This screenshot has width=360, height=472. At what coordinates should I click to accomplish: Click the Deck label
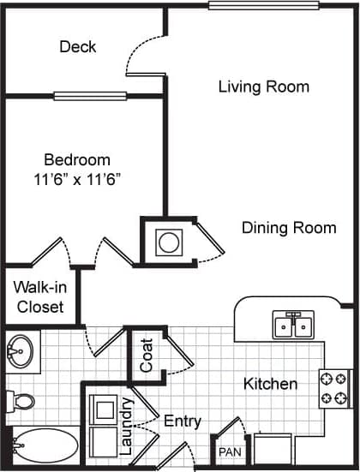click(77, 46)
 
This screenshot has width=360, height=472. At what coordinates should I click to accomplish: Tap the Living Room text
click(263, 87)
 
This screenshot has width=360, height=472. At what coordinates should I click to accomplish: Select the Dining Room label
click(288, 228)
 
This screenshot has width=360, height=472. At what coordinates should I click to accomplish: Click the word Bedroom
click(77, 159)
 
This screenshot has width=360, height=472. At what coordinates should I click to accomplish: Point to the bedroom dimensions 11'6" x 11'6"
click(77, 179)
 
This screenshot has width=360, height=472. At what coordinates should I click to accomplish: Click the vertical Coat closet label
click(147, 354)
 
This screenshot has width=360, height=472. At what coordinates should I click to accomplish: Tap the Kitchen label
click(270, 384)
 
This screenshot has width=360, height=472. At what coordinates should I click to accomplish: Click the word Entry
click(183, 421)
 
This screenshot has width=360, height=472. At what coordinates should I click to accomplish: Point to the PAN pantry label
click(228, 451)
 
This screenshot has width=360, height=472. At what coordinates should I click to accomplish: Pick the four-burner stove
click(333, 388)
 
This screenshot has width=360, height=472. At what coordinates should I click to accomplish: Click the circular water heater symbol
click(168, 242)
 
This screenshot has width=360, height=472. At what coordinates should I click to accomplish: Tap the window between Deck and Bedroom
click(90, 96)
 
